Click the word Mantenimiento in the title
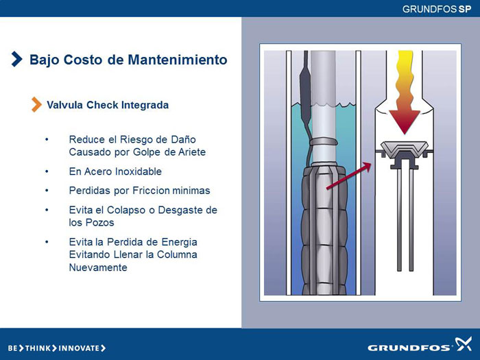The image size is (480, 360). click(178, 60)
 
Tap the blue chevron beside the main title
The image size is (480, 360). click(17, 59)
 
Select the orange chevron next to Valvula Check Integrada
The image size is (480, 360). click(36, 104)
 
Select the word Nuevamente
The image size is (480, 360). click(98, 267)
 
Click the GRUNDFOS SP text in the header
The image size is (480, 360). click(437, 9)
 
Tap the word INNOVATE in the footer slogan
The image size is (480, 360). click(79, 348)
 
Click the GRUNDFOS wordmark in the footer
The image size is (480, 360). click(409, 348)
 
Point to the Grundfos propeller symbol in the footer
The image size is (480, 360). click(463, 344)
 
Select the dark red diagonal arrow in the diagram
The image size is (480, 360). click(348, 176)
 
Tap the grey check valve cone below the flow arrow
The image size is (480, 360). click(404, 149)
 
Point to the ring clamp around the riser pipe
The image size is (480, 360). click(323, 142)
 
